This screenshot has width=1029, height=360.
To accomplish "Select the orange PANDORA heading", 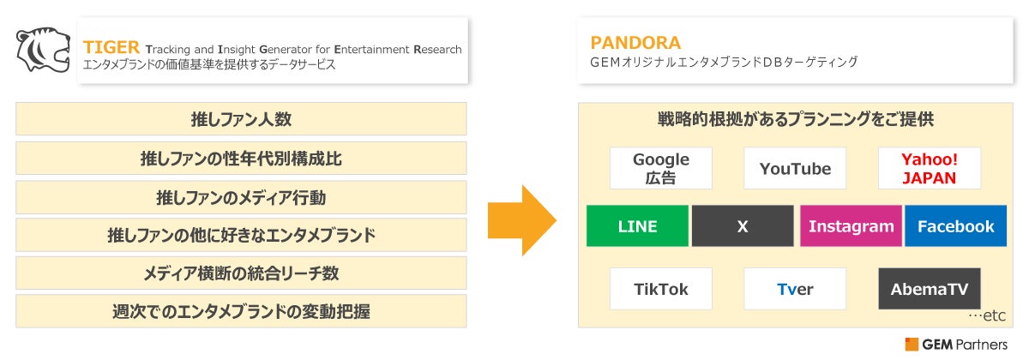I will coord(635,43).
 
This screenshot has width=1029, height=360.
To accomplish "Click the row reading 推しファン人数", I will coord(241,119).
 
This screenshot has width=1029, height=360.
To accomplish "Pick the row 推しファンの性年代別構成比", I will coord(241,159).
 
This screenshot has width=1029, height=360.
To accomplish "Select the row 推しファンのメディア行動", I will coord(241,197).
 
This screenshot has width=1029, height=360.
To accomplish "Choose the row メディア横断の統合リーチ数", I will coord(241,273).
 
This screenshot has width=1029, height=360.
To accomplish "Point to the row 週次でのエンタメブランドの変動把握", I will coord(241,311).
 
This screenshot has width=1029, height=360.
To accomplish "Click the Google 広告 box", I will coord(661,169).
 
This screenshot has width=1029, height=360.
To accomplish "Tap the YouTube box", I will coord(795,169).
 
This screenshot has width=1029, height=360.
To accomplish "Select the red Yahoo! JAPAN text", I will coord(929,169).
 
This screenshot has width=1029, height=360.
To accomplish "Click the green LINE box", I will coord(637,227).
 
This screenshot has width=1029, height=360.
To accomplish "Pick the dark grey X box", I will coord(743,227).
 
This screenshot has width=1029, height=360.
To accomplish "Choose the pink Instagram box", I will coord(851,227).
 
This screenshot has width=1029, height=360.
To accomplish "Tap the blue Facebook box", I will coord(955,227).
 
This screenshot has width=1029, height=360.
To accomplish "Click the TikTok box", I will coord(661,290).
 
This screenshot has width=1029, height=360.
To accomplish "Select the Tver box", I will coord(795,290).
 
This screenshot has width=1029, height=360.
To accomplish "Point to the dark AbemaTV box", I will coord(929,290).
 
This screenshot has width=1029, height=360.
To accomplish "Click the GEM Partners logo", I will coord(955,345).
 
